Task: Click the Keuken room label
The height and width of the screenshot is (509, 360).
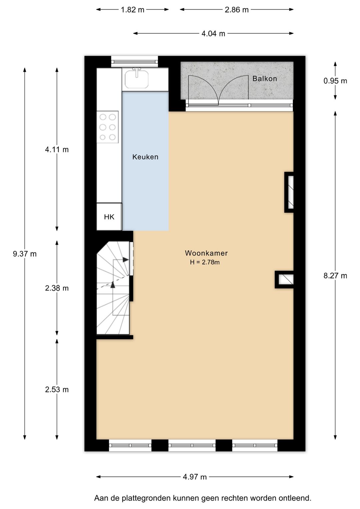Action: pyautogui.click(x=145, y=157)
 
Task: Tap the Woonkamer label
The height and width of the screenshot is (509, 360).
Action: pyautogui.click(x=206, y=253)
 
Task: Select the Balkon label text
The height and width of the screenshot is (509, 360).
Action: pyautogui.click(x=265, y=79)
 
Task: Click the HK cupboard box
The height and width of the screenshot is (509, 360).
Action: pyautogui.click(x=109, y=217)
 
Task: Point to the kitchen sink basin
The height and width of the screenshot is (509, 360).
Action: pyautogui.click(x=137, y=79)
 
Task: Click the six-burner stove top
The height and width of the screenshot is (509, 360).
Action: pyautogui.click(x=107, y=127)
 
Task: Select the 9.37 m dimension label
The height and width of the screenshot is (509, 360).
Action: pyautogui.click(x=25, y=254)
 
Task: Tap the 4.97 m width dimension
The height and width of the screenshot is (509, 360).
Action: pyautogui.click(x=195, y=477)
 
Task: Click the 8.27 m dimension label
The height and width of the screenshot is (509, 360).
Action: pyautogui.click(x=335, y=276)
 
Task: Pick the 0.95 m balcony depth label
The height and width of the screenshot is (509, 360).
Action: pyautogui.click(x=335, y=81)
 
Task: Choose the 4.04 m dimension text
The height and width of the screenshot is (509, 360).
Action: pyautogui.click(x=213, y=34)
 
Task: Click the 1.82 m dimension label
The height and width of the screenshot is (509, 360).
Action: pyautogui.click(x=132, y=10)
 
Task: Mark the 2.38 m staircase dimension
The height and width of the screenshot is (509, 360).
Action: pyautogui.click(x=57, y=288)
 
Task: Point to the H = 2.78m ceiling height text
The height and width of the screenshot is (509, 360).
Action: pyautogui.click(x=205, y=262)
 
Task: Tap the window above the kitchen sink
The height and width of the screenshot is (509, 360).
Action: pyautogui.click(x=134, y=62)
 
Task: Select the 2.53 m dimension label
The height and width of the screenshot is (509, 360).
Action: pyautogui.click(x=57, y=390)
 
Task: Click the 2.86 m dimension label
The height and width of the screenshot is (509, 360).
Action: pyautogui.click(x=237, y=10)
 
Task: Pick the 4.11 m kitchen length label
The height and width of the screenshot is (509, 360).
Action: pyautogui.click(x=57, y=149)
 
